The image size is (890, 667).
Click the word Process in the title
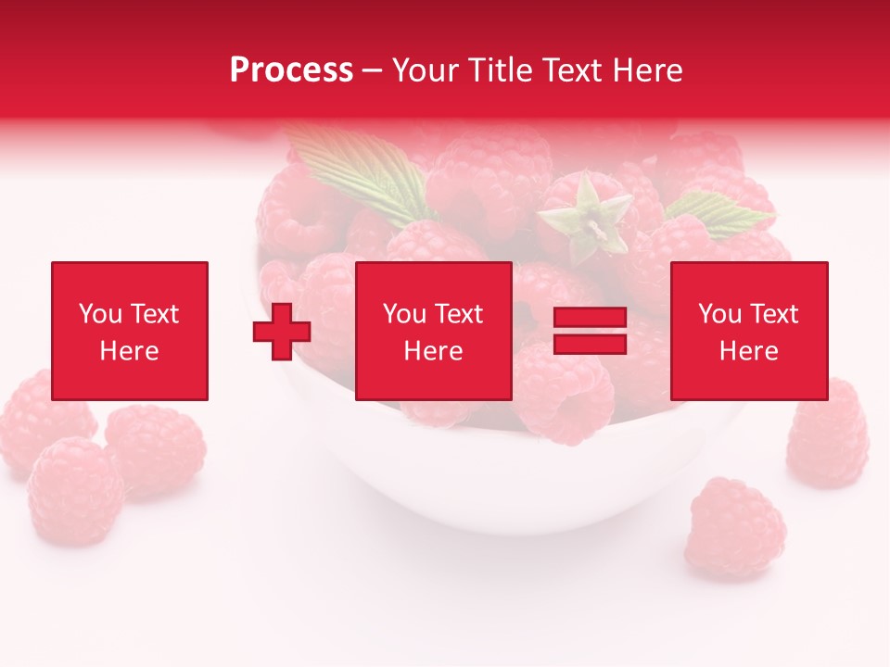291,70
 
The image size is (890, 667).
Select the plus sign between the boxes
282,331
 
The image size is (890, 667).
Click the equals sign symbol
590,331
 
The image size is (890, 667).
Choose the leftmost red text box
130,331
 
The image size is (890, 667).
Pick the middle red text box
433,331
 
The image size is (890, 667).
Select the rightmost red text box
748,331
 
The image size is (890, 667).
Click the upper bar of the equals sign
590,318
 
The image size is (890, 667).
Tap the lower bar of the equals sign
590,344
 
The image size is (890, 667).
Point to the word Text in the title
572,70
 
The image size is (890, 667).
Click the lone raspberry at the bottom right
738,528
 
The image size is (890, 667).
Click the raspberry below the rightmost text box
828,435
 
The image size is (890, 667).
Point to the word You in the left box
100,314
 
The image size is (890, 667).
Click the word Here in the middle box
433,351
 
